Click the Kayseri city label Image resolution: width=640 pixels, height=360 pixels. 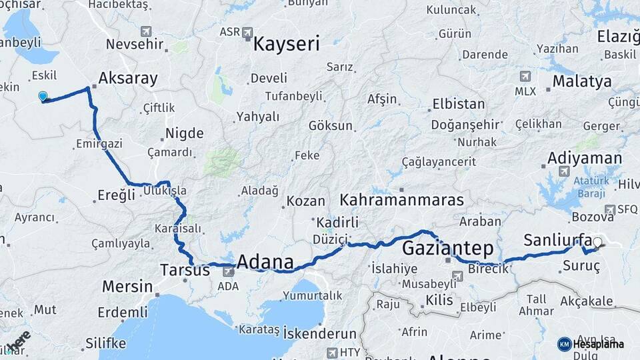[x=286, y=45]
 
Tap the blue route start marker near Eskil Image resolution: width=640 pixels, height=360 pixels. [x=43, y=97]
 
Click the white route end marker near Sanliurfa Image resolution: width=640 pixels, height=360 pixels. [x=597, y=243]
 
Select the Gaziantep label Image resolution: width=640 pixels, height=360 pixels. [x=448, y=249]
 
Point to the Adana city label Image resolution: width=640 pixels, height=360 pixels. [x=265, y=261]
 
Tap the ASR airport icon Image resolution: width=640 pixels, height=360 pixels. [x=248, y=31]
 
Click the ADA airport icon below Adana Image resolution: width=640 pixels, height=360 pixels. [x=228, y=271]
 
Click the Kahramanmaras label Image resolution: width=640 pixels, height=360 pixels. [x=401, y=200]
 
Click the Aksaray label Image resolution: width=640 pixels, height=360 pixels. [x=128, y=79]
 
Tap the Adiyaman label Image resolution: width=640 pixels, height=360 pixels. [x=585, y=159]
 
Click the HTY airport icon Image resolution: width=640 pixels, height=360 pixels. [x=331, y=352]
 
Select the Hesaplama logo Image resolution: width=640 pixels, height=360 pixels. [x=591, y=344]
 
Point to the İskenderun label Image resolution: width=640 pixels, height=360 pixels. [x=319, y=332]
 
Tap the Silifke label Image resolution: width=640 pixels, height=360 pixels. [x=105, y=343]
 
